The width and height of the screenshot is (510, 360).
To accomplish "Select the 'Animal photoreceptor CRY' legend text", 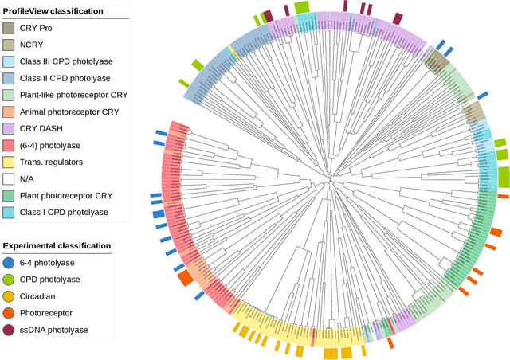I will coord(70,112).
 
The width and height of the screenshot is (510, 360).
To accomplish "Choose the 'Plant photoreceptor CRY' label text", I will coord(66,195).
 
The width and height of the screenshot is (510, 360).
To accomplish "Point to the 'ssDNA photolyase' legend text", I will coord(56,330).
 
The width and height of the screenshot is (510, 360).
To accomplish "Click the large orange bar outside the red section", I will coord(185,278).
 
